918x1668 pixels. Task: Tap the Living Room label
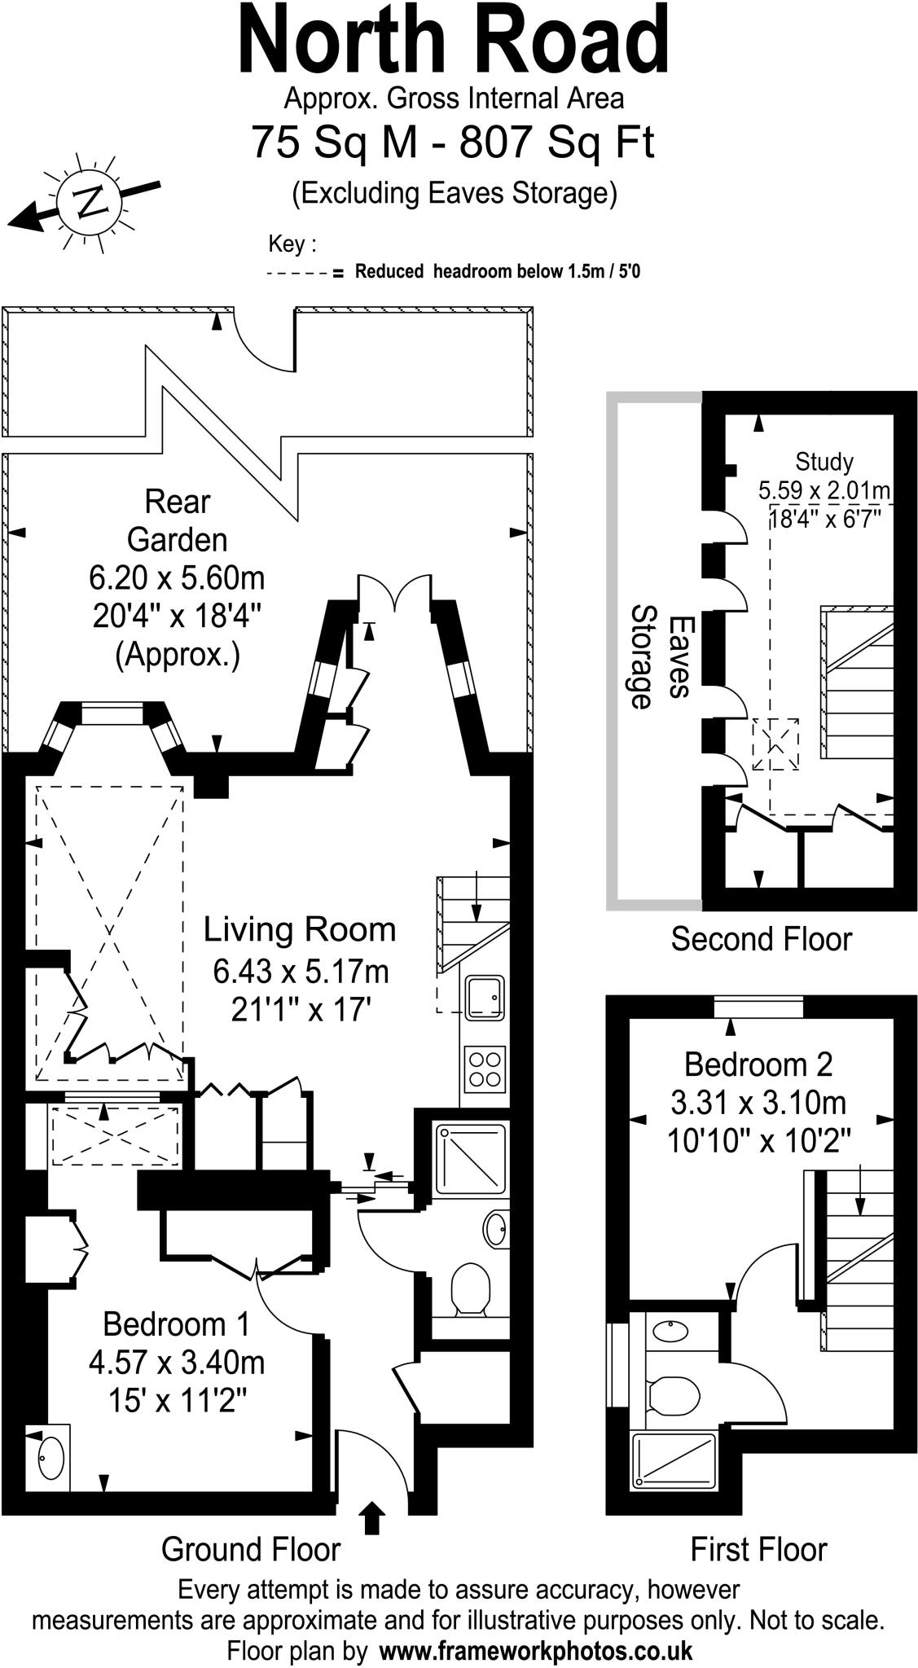(x=299, y=929)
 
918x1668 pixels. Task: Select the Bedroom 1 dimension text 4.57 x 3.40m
(x=177, y=1363)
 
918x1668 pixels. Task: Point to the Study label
(x=824, y=462)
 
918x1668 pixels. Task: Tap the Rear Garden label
(x=177, y=520)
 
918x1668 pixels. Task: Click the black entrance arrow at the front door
(x=372, y=1517)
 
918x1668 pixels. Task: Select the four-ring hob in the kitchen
(x=484, y=1069)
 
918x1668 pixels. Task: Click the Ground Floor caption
(x=250, y=1549)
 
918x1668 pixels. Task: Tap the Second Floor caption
(x=761, y=939)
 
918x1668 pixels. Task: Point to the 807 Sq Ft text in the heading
(x=556, y=142)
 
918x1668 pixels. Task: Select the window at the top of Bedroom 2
(x=758, y=1007)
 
